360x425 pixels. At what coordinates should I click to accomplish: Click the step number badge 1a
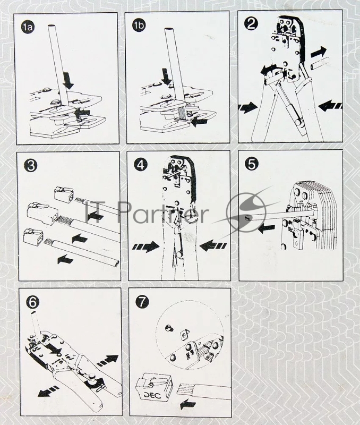coord(28,27)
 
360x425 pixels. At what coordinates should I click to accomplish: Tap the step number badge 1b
coord(139,25)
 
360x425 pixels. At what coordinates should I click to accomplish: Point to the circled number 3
coord(31,165)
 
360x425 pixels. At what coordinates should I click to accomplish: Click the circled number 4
coord(141,164)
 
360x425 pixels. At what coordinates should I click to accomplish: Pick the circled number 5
coord(251,164)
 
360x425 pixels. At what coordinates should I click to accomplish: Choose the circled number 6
coord(32,302)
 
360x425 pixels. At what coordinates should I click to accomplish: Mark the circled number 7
coord(142,301)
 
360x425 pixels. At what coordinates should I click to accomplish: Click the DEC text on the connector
coord(152,395)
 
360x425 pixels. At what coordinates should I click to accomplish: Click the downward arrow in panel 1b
coord(166,76)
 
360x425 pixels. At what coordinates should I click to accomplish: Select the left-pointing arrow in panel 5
coord(267,229)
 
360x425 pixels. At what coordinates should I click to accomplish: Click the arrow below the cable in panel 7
coord(187,405)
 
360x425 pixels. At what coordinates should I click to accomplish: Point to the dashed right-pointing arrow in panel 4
coord(146,246)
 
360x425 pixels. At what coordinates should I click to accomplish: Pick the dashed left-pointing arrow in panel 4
coord(212,246)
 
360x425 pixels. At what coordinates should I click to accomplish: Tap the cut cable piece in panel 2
coord(321,64)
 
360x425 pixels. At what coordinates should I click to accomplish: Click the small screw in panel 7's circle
coord(168,329)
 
